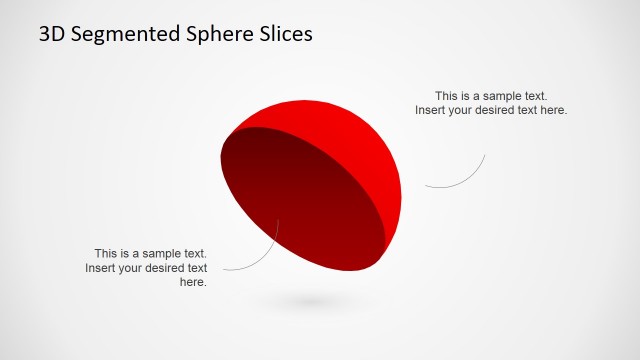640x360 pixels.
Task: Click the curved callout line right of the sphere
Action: click(x=465, y=178)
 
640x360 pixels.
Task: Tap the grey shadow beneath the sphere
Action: click(x=310, y=300)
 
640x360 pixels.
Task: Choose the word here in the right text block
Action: click(x=553, y=110)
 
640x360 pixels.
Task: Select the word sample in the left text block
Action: click(x=157, y=254)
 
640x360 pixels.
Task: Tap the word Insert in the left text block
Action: click(x=101, y=268)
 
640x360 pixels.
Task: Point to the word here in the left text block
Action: click(x=192, y=283)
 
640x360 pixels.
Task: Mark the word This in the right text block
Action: click(x=447, y=95)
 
